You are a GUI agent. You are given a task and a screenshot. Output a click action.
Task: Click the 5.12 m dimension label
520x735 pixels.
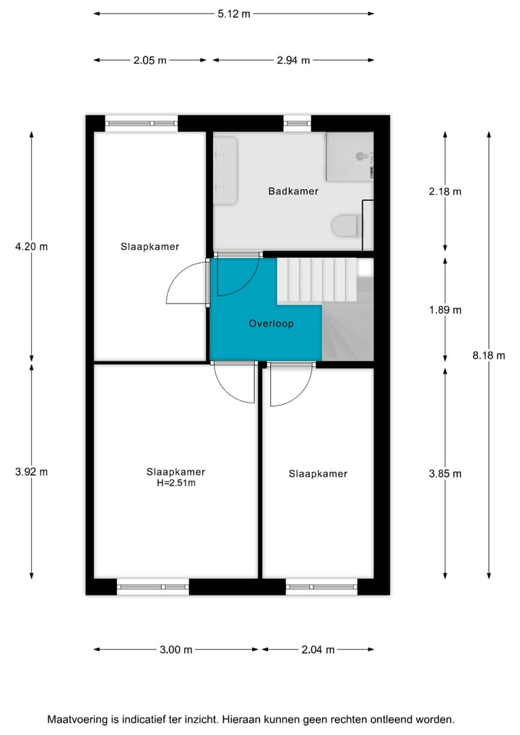tap(234, 14)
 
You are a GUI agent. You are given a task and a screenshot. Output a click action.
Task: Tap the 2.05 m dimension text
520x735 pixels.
tap(149, 61)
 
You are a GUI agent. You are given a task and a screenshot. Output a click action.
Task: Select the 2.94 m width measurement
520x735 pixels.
tap(293, 61)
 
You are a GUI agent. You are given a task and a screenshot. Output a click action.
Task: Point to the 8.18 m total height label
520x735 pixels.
tap(488, 355)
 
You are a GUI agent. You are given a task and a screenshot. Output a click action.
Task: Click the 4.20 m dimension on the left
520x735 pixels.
tap(31, 246)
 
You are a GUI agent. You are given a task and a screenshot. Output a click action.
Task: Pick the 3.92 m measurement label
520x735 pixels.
tap(31, 472)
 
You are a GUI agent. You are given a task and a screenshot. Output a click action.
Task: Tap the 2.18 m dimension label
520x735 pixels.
tap(444, 192)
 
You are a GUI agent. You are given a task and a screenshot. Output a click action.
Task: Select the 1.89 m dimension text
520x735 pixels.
tap(444, 310)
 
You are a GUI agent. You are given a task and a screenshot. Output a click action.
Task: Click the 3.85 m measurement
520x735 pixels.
tap(444, 474)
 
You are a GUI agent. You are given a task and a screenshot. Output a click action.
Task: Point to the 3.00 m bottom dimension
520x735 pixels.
tap(175, 650)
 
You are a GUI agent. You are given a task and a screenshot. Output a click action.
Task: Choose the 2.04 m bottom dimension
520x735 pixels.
tap(318, 650)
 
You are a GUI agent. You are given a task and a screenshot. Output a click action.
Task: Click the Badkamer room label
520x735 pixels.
tap(293, 192)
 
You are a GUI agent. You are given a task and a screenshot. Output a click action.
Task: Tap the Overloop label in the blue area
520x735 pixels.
tap(271, 324)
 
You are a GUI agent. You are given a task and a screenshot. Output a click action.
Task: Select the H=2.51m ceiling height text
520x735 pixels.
tap(175, 483)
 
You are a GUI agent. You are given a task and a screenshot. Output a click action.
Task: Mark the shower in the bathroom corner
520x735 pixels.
tap(349, 156)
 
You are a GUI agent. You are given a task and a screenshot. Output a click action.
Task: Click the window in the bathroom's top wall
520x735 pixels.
tap(296, 124)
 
